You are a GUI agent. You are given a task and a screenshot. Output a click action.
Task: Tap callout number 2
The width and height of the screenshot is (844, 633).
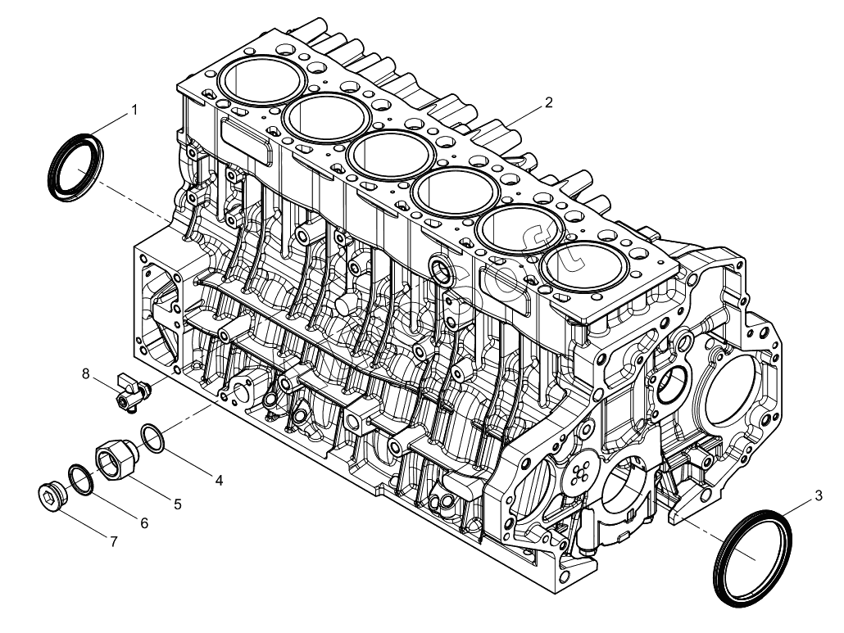tap(548, 103)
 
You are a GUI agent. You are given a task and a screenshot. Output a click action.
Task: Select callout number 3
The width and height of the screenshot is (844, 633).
tap(818, 495)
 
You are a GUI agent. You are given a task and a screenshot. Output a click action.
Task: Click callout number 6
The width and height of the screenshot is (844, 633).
tap(144, 522)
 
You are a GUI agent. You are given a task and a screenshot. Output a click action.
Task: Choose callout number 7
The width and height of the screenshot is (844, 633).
tap(114, 541)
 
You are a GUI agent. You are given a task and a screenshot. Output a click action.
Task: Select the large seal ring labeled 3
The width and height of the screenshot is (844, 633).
tap(754, 557)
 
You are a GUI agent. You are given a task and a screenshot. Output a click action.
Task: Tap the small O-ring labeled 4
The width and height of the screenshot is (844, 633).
tap(152, 437)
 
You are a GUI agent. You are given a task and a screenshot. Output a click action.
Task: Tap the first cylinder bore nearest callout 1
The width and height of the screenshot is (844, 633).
tap(264, 78)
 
